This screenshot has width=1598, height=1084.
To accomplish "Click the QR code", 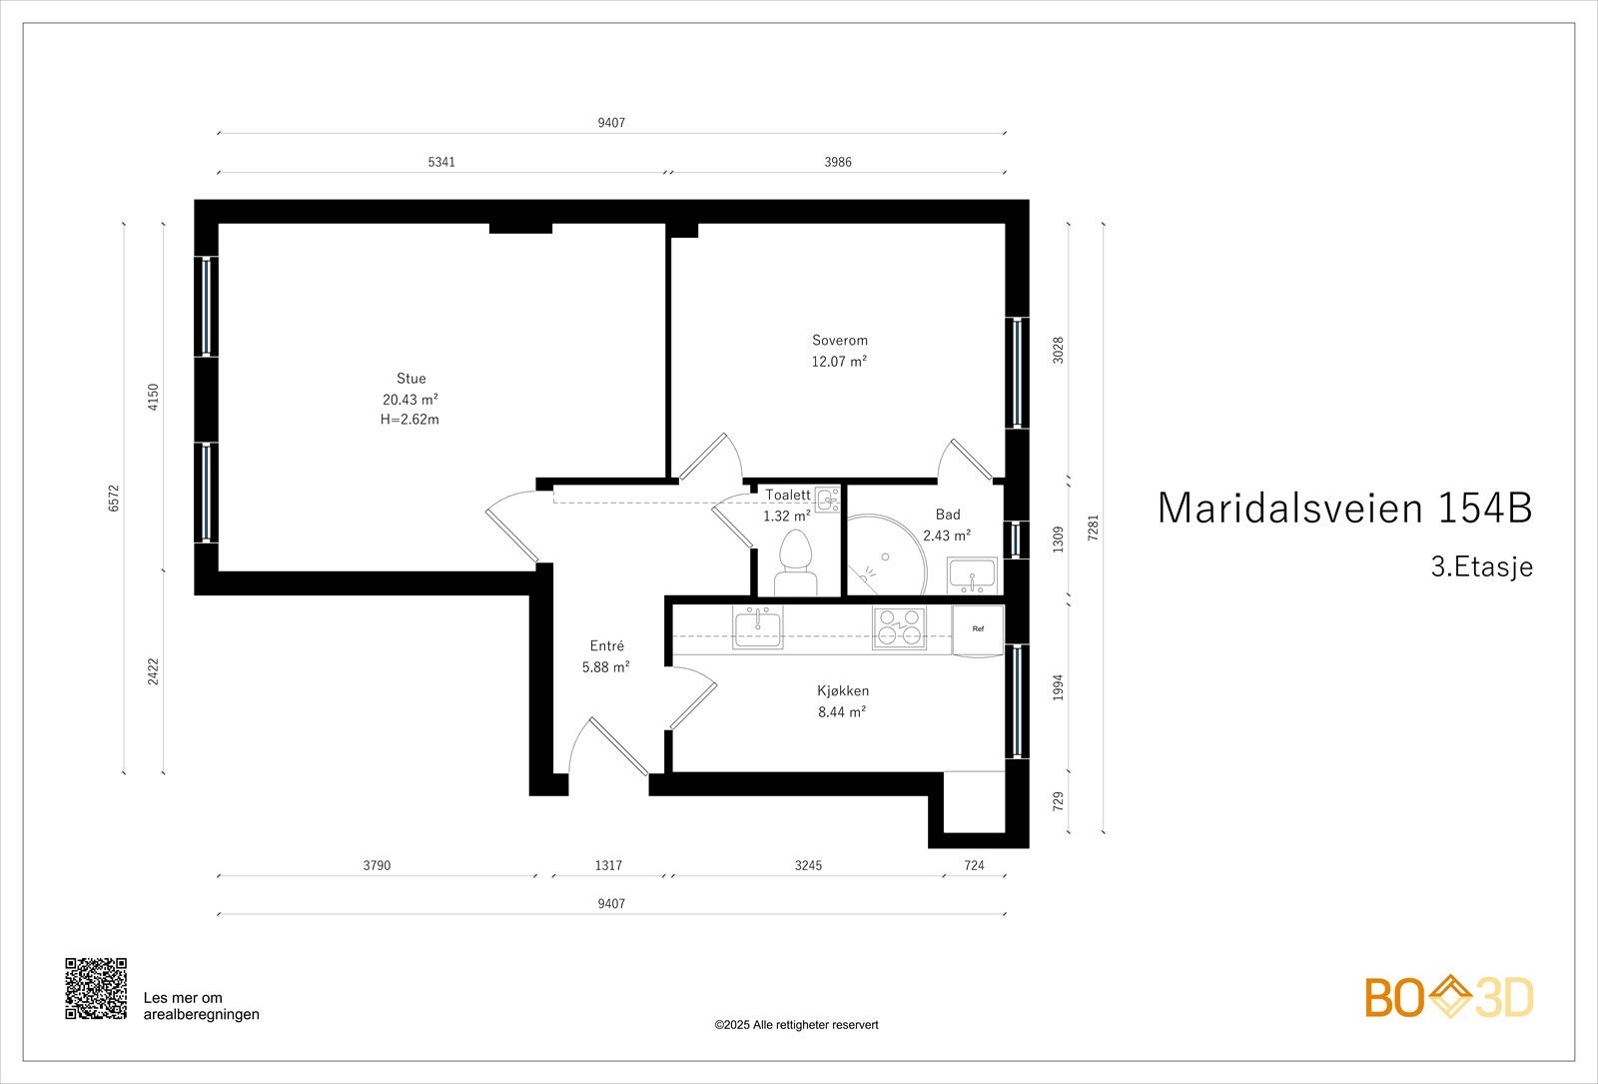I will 96,988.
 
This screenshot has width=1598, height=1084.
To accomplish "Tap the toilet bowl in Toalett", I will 796,553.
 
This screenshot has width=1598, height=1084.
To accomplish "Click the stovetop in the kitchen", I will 899,628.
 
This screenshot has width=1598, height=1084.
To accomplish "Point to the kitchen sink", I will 759,628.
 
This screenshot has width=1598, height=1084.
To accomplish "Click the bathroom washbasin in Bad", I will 972,574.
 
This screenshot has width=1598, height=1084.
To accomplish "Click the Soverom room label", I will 839,341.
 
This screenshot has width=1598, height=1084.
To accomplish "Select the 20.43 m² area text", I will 410,399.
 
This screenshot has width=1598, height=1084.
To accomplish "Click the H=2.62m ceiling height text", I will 410,420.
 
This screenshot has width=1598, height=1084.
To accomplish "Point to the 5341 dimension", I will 441,162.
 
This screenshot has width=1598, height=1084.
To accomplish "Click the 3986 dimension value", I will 838,162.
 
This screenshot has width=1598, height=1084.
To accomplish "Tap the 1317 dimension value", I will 608,865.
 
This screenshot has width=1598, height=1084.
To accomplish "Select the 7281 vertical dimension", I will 1093,529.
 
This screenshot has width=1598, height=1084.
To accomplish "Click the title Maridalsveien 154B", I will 1344,508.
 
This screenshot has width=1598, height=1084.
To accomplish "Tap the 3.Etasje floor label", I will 1481,567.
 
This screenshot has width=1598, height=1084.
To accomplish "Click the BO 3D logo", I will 1449,998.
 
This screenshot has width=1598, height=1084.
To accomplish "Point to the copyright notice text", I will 796,1025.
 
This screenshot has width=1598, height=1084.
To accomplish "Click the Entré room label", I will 606,646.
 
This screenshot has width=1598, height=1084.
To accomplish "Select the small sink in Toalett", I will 826,498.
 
